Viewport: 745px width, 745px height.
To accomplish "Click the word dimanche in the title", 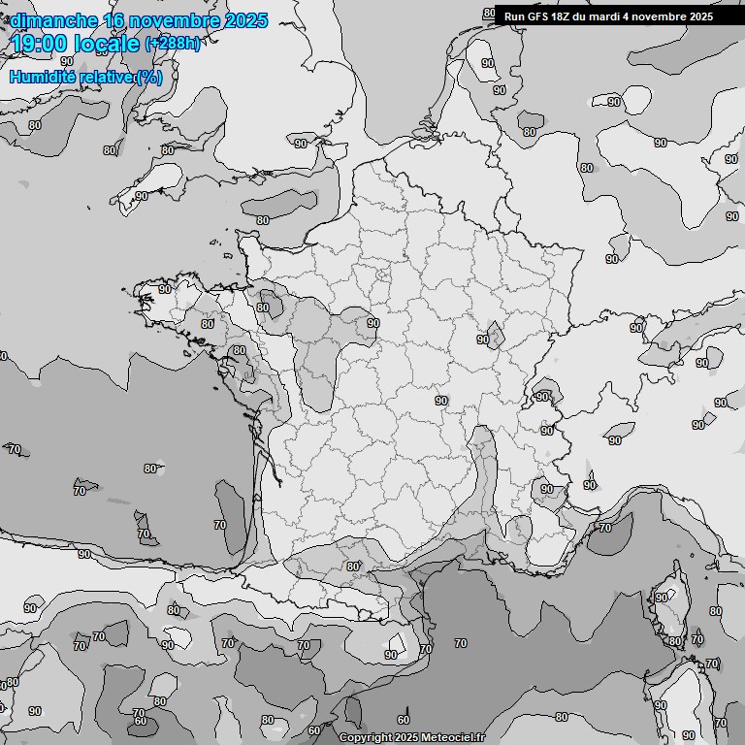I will click(49, 20).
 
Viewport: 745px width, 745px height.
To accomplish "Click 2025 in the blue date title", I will click(247, 20).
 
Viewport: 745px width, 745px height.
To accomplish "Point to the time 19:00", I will click(38, 44).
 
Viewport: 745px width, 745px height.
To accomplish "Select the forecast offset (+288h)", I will click(172, 44).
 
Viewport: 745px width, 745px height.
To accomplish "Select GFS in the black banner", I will click(539, 16).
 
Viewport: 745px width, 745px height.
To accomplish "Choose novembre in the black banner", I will click(662, 16).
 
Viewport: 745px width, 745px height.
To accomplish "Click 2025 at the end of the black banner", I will click(702, 16).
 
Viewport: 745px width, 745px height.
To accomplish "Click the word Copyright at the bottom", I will click(367, 737).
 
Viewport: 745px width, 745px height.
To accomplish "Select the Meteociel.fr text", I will click(451, 737).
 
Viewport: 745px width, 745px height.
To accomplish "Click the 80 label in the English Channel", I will click(262, 220).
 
